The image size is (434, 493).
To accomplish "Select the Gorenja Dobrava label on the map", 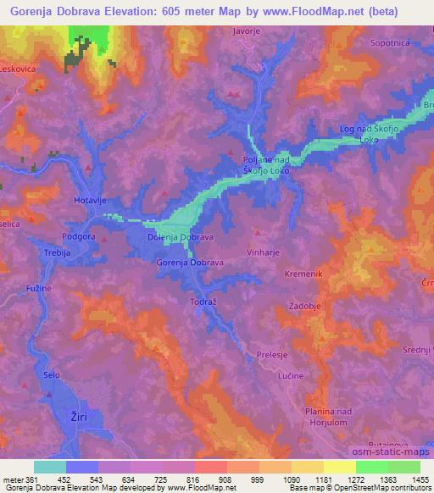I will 190,263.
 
